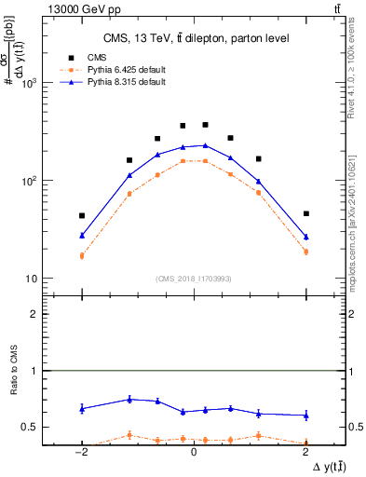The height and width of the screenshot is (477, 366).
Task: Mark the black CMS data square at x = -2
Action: pyautogui.click(x=82, y=215)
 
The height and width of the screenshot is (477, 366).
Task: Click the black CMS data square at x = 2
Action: pyautogui.click(x=305, y=213)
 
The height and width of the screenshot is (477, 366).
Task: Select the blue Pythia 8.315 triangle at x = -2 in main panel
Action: pyautogui.click(x=82, y=236)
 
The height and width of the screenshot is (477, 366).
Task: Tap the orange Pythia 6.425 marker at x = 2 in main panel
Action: pyautogui.click(x=305, y=252)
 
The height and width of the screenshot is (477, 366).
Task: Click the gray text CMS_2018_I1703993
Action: pyautogui.click(x=194, y=279)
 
